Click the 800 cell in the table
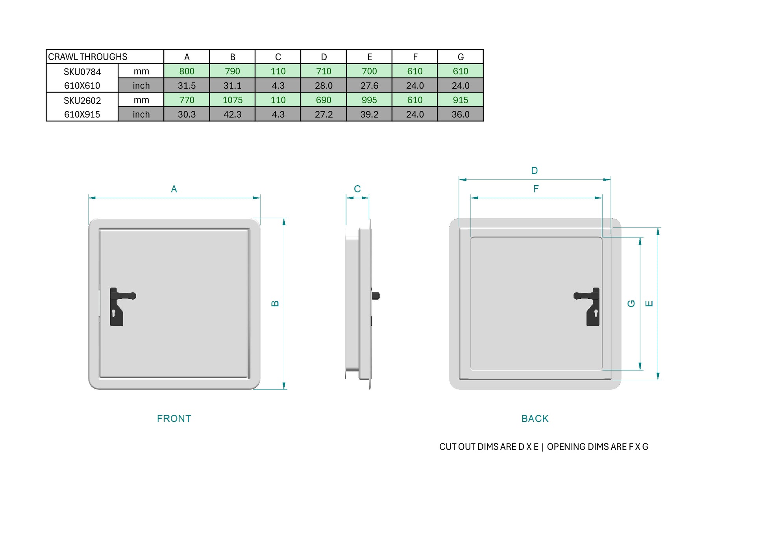click(x=187, y=71)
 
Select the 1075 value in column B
click(x=232, y=100)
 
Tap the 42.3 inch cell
click(x=232, y=114)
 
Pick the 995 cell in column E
click(x=369, y=100)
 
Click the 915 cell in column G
click(x=460, y=100)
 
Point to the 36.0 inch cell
click(x=460, y=114)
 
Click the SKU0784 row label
click(x=82, y=72)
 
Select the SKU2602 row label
click(x=82, y=101)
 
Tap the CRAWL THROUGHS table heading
click(x=88, y=57)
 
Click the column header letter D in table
click(x=324, y=57)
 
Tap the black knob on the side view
click(x=376, y=296)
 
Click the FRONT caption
click(x=174, y=418)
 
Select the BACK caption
click(x=535, y=418)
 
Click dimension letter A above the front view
click(x=174, y=189)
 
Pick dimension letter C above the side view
click(x=357, y=189)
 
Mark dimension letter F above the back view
click(x=536, y=189)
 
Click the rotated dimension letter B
click(x=275, y=304)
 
